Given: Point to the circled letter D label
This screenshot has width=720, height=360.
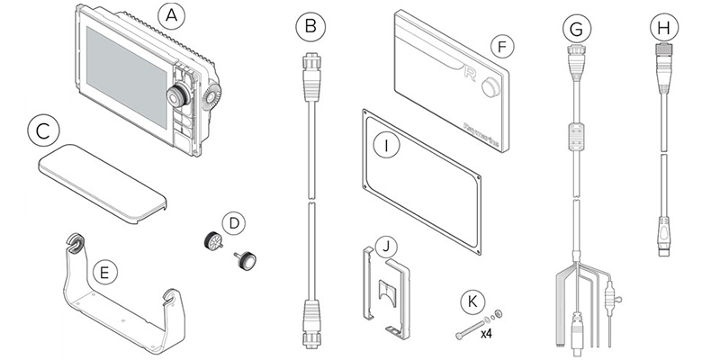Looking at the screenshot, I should (x=233, y=220).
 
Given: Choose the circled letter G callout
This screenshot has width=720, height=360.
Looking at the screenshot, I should (x=574, y=28).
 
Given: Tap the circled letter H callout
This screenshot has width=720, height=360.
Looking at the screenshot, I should (x=665, y=28).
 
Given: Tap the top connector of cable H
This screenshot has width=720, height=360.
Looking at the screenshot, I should (x=665, y=68).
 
